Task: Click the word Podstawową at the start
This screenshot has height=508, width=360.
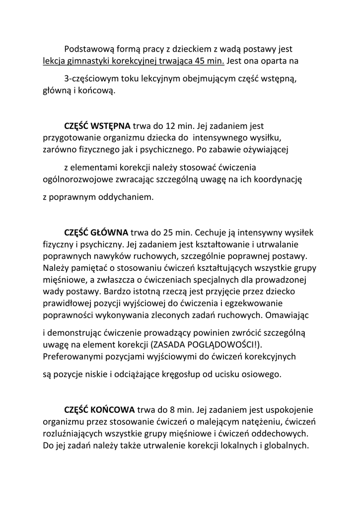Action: click(x=88, y=50)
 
